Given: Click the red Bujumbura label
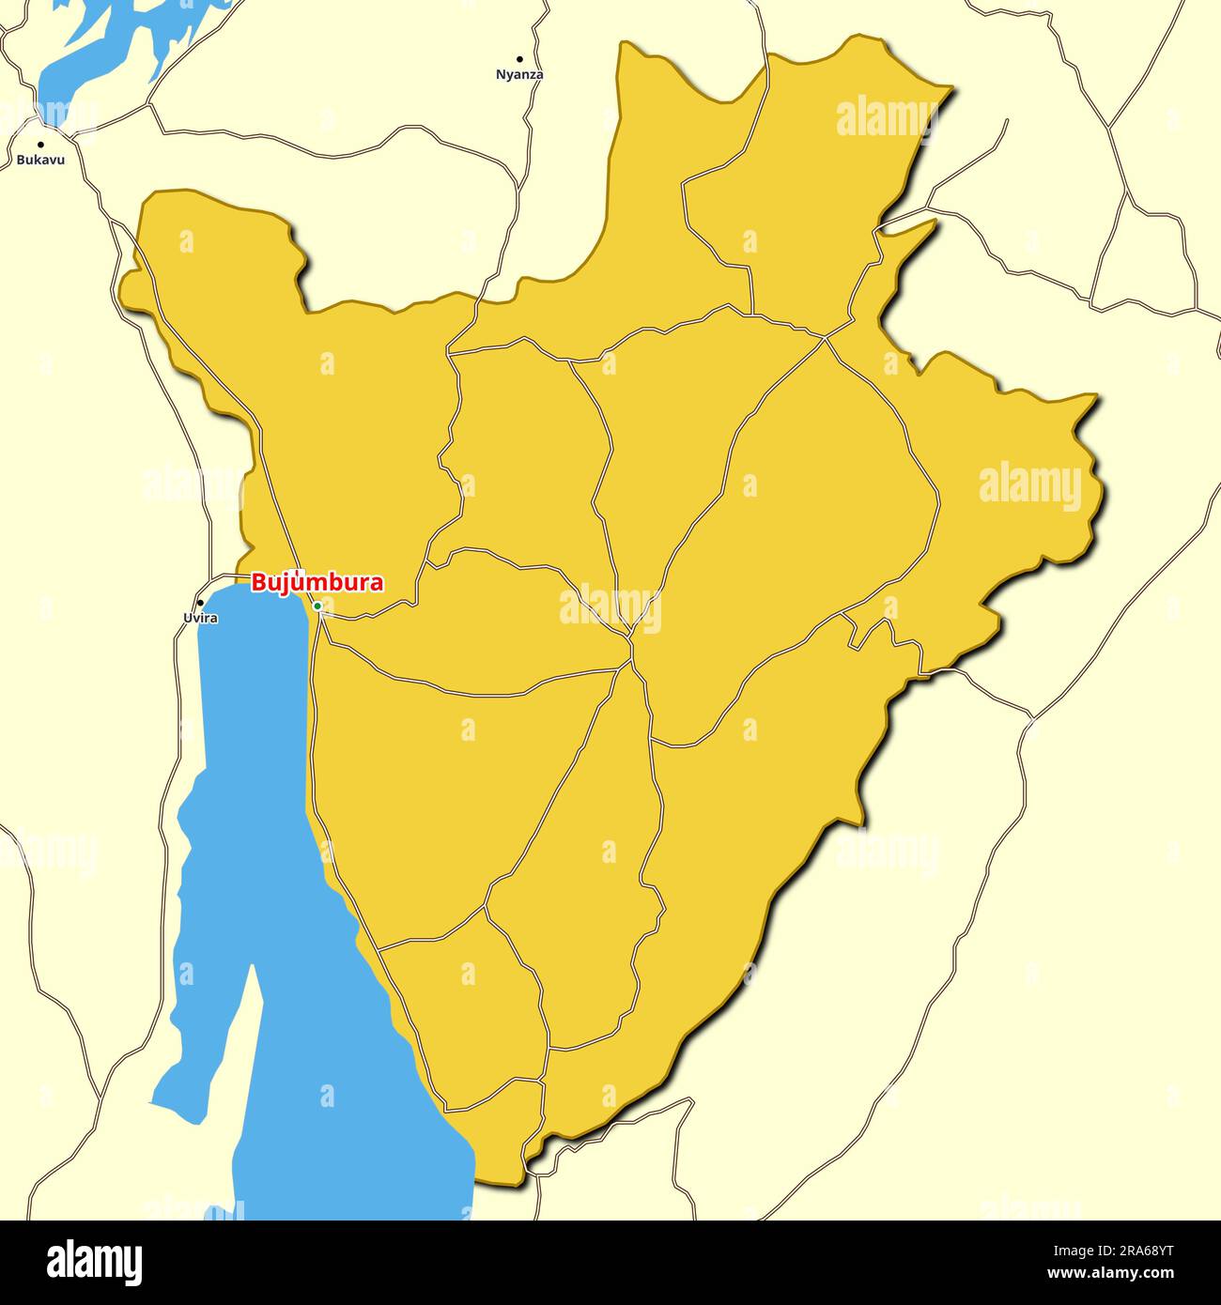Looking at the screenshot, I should click(317, 583).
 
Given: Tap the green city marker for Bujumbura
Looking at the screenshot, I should click(317, 606).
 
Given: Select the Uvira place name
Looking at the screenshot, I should click(200, 618).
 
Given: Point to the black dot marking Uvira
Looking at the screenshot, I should click(200, 603).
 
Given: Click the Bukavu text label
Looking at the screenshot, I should click(40, 161).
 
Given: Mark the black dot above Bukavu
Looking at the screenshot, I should click(40, 145).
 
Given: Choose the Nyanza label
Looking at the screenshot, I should click(519, 74).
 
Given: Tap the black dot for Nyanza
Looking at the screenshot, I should click(519, 59).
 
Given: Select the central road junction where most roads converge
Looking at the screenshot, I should click(630, 638).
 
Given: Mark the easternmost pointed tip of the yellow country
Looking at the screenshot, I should click(1097, 395).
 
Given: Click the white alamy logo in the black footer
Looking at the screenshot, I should click(94, 1263).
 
